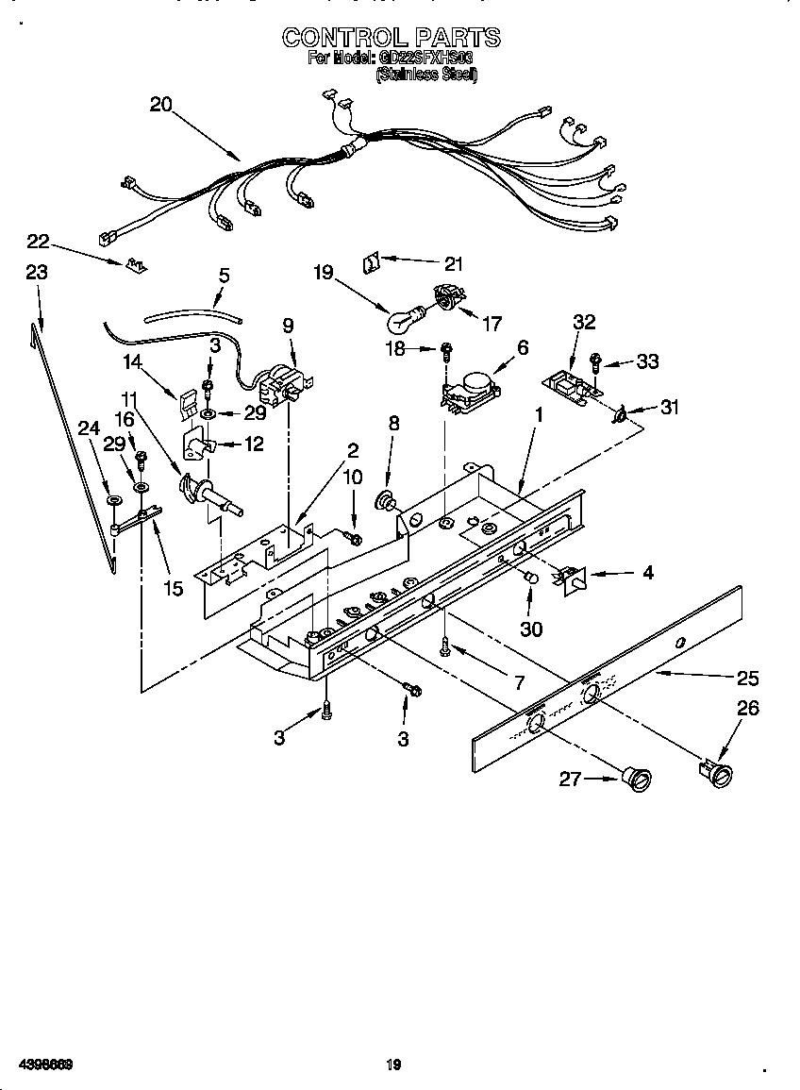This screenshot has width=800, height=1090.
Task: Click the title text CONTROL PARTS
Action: point(392,38)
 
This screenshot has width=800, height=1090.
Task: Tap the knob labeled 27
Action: point(638,778)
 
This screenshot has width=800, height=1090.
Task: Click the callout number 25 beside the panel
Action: point(747,678)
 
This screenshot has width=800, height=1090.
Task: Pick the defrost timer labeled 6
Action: point(469,386)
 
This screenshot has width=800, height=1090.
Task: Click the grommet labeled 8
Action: point(387,498)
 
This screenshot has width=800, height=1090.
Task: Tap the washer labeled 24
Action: point(113,499)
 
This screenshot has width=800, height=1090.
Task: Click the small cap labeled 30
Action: point(531,578)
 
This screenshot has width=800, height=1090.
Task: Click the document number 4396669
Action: point(39,1065)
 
